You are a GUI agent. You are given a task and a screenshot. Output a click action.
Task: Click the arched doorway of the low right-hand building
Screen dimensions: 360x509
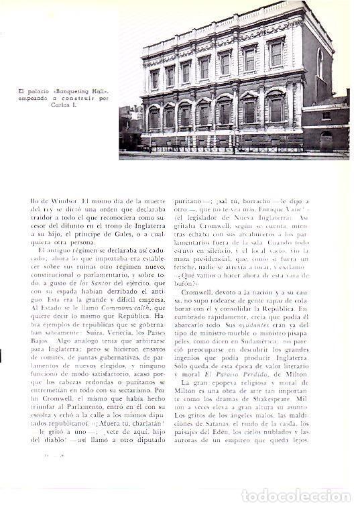tap(326, 140)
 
